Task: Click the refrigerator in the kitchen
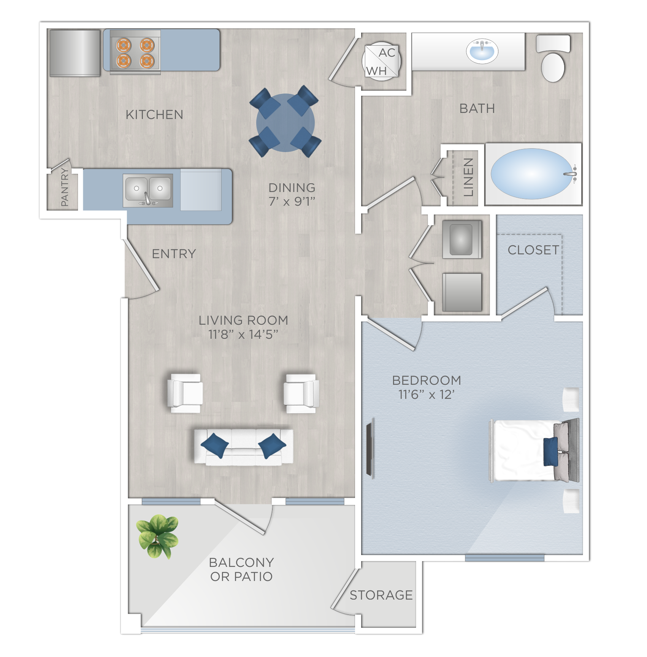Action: click(75, 53)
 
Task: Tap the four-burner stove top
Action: click(135, 52)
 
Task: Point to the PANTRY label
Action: click(65, 187)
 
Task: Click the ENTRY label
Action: click(174, 254)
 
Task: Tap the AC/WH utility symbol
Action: click(381, 61)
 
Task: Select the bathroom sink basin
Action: click(482, 51)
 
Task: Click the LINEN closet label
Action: click(468, 177)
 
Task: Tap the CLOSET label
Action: click(533, 250)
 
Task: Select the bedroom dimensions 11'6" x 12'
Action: click(426, 395)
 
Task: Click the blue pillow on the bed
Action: click(550, 451)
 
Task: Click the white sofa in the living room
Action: click(243, 447)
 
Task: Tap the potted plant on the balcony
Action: click(157, 535)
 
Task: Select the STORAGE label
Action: click(381, 595)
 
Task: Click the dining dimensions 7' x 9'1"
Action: click(292, 202)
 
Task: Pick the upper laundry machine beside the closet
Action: click(461, 240)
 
